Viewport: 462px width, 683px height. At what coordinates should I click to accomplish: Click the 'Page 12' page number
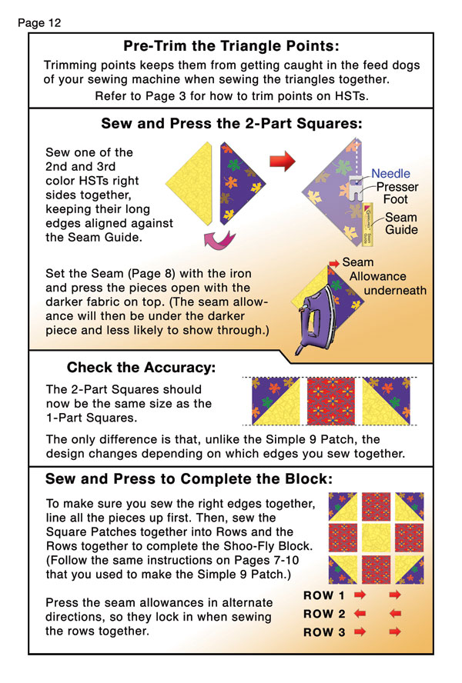pyautogui.click(x=39, y=23)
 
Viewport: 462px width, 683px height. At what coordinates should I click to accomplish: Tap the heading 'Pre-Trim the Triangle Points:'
pyautogui.click(x=231, y=45)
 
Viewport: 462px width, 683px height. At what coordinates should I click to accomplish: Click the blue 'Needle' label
pyautogui.click(x=390, y=173)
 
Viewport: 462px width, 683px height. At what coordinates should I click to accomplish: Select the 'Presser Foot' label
pyautogui.click(x=397, y=193)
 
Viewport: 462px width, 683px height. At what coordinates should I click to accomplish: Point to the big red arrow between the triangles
pyautogui.click(x=283, y=161)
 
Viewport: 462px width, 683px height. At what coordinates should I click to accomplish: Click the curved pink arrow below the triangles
pyautogui.click(x=219, y=239)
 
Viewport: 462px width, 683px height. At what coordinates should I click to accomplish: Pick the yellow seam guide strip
pyautogui.click(x=367, y=225)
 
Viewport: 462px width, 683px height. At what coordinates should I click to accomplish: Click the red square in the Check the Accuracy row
pyautogui.click(x=330, y=401)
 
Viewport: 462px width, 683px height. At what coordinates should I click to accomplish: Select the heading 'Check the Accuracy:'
pyautogui.click(x=141, y=368)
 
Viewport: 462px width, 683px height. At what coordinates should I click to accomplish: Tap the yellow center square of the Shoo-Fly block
pyautogui.click(x=376, y=538)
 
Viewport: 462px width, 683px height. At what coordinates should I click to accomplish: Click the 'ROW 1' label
pyautogui.click(x=323, y=595)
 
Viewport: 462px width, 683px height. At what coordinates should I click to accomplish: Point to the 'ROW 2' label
pyautogui.click(x=324, y=614)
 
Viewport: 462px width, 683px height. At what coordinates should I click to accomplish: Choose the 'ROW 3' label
pyautogui.click(x=324, y=632)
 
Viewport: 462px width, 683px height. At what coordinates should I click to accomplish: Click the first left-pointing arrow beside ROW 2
pyautogui.click(x=360, y=614)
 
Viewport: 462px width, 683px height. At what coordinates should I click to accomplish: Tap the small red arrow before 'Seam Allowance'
pyautogui.click(x=334, y=263)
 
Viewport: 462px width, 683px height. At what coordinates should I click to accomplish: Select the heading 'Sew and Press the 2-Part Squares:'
pyautogui.click(x=232, y=124)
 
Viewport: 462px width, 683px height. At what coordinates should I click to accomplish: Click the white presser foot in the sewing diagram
pyautogui.click(x=356, y=188)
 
